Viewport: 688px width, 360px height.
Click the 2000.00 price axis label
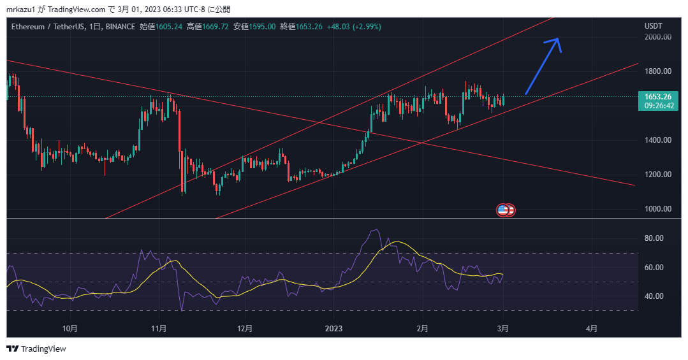[657, 37]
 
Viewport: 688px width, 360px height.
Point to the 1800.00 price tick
[657, 71]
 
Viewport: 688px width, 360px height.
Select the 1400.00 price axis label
[657, 140]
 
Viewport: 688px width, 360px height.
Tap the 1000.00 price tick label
[657, 209]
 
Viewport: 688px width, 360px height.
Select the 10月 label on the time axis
[71, 329]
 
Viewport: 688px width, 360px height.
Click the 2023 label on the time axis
[333, 329]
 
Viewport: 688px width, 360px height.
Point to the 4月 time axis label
[592, 329]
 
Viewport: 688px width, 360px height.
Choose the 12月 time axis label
[244, 329]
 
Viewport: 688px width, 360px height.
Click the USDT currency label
[654, 26]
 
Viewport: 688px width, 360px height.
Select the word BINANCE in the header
[120, 27]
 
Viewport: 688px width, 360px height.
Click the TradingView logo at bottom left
[36, 349]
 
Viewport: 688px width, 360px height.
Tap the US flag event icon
[503, 210]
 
